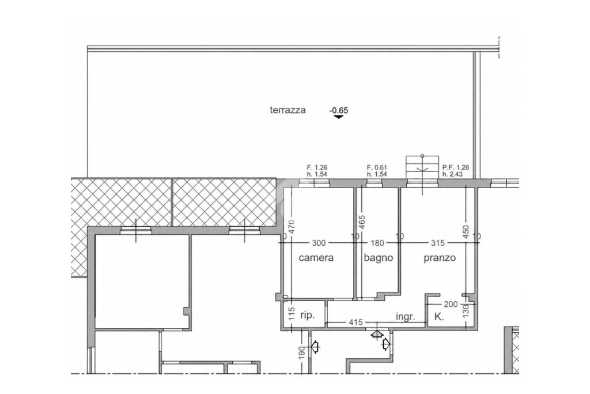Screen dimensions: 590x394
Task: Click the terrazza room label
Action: [288, 110]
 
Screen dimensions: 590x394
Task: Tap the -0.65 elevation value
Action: [339, 110]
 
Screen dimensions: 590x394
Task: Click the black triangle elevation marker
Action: [339, 117]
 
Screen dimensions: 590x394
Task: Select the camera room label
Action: [316, 258]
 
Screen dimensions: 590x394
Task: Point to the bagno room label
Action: [378, 258]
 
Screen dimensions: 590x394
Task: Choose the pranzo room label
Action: [440, 258]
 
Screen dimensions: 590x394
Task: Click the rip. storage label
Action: [307, 315]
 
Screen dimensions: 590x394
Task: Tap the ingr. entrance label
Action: [406, 317]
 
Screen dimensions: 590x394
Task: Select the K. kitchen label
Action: [438, 317]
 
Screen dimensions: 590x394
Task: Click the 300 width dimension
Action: [319, 243]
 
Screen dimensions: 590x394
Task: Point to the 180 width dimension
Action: [377, 243]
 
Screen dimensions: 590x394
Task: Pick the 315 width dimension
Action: [438, 243]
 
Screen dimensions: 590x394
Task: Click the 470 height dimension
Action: [292, 227]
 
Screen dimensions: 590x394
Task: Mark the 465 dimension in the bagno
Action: [362, 222]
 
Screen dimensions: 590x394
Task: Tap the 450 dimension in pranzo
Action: [466, 232]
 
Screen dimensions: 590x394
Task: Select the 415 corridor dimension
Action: [355, 322]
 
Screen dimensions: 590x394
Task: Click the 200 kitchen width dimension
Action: [451, 304]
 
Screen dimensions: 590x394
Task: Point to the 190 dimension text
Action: [301, 353]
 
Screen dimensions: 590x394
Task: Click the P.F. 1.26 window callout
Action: [456, 168]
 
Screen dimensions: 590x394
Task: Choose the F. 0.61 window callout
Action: [377, 168]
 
